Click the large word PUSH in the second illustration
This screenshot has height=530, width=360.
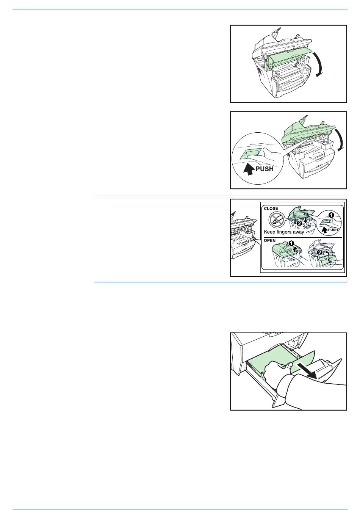click(265, 169)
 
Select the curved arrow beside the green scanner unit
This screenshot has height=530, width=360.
click(340, 140)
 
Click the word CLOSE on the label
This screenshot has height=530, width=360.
click(271, 209)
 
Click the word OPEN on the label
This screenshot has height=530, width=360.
click(270, 240)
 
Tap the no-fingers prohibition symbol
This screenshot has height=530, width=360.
click(277, 220)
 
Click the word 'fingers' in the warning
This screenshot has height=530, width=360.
click(285, 232)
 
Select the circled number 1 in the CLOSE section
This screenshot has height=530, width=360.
click(331, 215)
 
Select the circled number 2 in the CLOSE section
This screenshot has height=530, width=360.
click(299, 223)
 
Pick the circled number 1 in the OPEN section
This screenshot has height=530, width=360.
click(291, 243)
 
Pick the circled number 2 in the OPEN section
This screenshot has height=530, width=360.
click(319, 252)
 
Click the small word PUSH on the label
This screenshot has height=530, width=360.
click(333, 230)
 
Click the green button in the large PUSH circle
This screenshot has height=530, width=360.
click(251, 154)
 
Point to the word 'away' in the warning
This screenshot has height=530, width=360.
click(299, 232)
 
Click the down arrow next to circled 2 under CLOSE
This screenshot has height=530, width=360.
click(305, 220)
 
